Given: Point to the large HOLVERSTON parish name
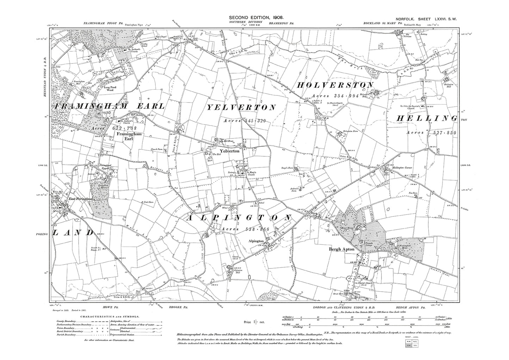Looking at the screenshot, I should point(335,85).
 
